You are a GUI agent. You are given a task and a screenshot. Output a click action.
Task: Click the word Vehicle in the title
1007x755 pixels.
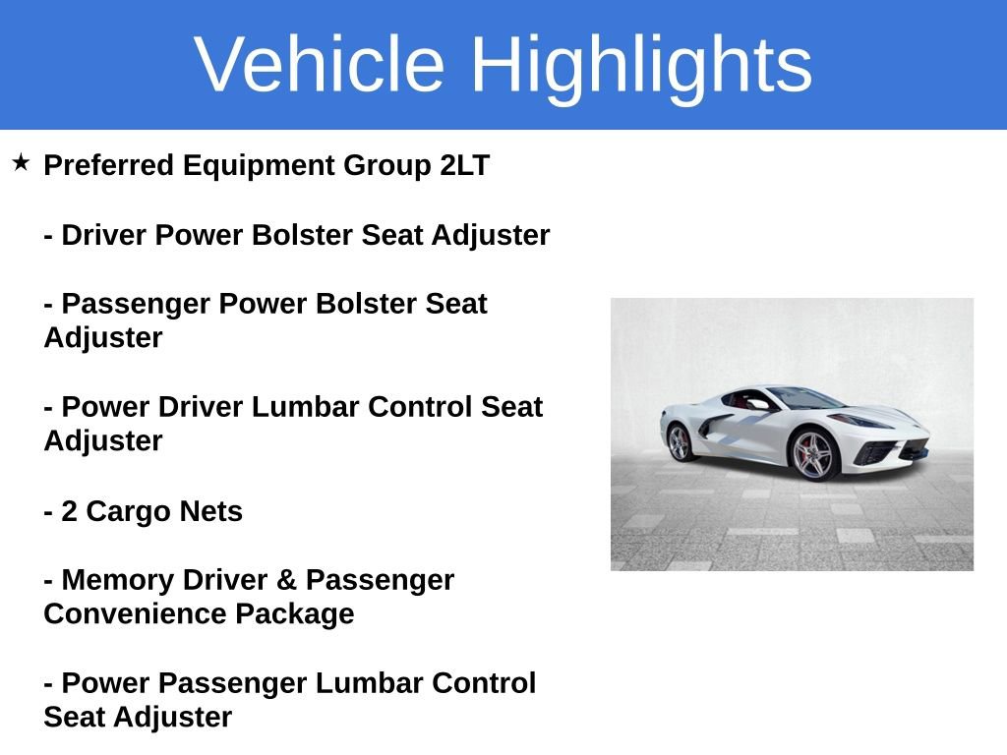(x=320, y=65)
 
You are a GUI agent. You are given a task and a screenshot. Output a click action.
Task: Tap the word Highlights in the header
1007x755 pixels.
(x=641, y=65)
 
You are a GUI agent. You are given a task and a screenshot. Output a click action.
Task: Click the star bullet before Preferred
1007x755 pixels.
(x=22, y=162)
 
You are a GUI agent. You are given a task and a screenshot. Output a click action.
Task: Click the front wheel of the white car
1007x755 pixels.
(x=813, y=454)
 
